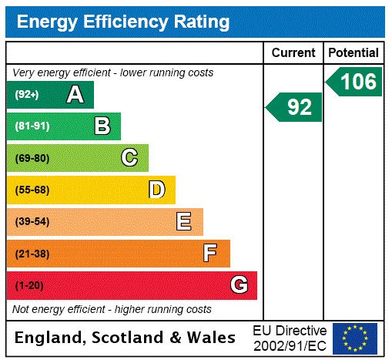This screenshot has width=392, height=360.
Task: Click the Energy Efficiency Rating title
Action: [x=122, y=22]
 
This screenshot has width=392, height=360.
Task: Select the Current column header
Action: [x=293, y=53]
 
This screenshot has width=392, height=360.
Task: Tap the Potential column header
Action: [x=353, y=53]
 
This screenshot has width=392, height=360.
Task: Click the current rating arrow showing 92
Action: [x=294, y=107]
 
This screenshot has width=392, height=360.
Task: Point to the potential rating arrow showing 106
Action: [x=354, y=82]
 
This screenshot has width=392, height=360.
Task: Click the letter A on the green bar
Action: [x=75, y=95]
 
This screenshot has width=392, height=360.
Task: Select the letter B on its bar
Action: [x=102, y=126]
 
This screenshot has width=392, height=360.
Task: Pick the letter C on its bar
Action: [x=129, y=158]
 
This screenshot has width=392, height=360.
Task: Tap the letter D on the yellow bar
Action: [x=157, y=190]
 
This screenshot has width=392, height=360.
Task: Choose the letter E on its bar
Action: [x=184, y=222]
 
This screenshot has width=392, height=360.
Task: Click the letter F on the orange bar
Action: [x=210, y=254]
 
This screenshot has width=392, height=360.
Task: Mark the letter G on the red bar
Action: [x=239, y=285]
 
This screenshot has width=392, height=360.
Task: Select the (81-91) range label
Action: [x=32, y=126]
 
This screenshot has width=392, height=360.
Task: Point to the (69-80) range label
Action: [x=32, y=158]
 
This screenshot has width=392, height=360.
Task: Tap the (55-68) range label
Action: [x=32, y=190]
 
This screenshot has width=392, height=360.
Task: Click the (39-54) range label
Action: [x=32, y=222]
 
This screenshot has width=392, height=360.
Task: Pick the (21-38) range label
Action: [x=32, y=254]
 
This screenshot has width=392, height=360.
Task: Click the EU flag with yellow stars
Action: [x=355, y=338]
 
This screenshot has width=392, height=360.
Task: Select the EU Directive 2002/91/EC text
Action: [x=290, y=338]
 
